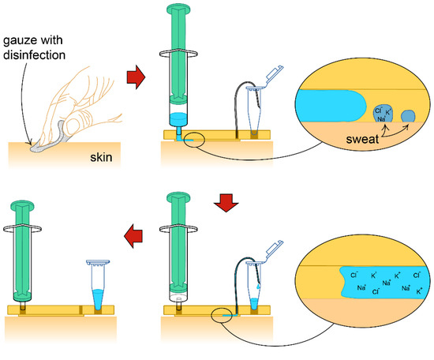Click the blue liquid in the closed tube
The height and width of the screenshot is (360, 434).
pyautogui.click(x=98, y=299)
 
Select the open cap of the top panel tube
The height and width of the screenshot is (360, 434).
pyautogui.click(x=275, y=77)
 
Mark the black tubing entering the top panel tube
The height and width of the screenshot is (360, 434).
pyautogui.click(x=237, y=92)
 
